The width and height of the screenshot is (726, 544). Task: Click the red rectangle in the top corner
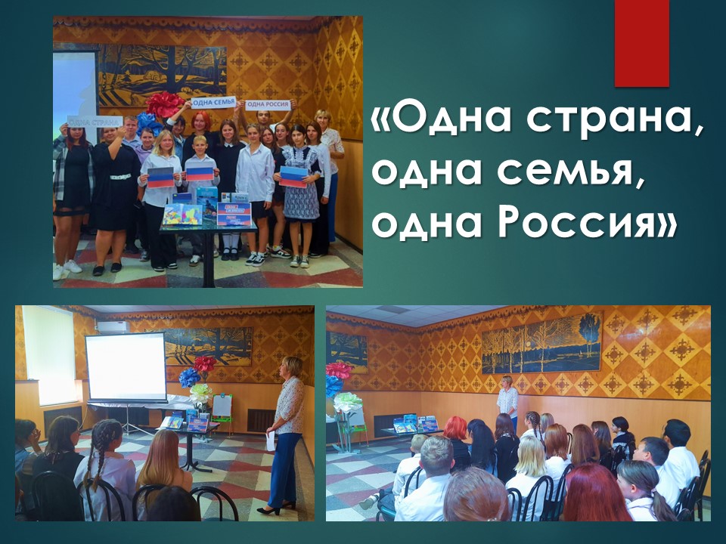tap(642, 43)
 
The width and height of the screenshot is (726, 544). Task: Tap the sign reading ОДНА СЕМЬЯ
tap(214, 102)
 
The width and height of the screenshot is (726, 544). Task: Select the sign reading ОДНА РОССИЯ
tap(268, 105)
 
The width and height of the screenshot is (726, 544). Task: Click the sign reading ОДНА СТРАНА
tap(95, 122)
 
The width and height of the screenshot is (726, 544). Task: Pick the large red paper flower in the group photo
tap(163, 104)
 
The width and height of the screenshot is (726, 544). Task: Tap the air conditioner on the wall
tap(113, 327)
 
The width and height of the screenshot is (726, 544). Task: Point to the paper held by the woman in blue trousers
tap(271, 440)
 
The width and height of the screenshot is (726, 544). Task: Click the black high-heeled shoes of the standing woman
tap(277, 508)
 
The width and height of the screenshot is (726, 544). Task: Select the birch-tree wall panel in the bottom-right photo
tap(541, 343)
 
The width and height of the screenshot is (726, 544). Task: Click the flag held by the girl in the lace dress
tap(293, 177)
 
